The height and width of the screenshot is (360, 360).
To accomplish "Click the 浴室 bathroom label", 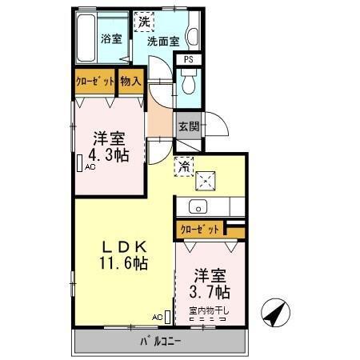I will (111, 38).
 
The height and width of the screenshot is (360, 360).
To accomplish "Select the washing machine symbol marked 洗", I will (145, 21).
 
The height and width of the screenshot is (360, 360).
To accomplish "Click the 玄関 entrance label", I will (189, 126).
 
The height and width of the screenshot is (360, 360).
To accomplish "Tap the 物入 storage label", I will (131, 82).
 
